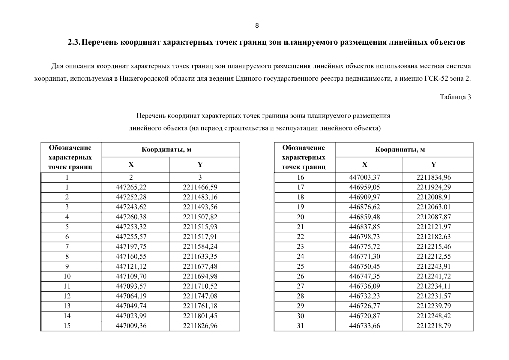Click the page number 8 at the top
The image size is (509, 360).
click(257, 25)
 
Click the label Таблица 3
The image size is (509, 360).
click(455, 97)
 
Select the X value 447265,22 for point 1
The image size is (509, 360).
click(131, 187)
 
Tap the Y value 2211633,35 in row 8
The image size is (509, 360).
click(200, 256)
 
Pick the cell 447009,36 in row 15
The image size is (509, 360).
click(131, 326)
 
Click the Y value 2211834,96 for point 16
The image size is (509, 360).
click(433, 177)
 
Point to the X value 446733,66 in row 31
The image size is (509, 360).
click(364, 326)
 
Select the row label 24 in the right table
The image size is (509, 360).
click(300, 256)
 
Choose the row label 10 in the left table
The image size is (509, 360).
click(67, 276)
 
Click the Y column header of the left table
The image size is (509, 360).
click(200, 164)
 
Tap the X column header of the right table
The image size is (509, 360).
click(364, 164)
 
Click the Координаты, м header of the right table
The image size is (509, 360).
click(400, 150)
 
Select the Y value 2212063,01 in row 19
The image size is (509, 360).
click(433, 207)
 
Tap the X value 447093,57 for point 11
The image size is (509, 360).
click(131, 286)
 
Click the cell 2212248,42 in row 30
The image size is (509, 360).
click(433, 316)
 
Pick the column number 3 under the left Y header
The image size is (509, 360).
click(200, 177)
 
